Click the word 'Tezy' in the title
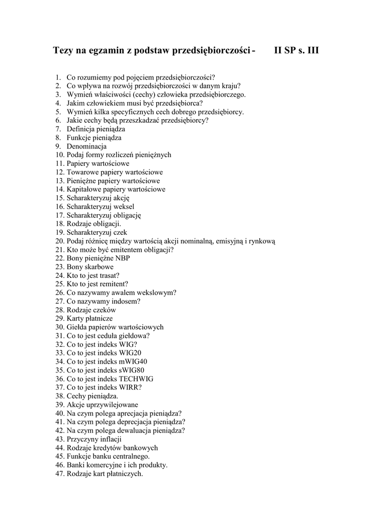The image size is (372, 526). (64, 51)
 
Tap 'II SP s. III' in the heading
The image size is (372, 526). (296, 51)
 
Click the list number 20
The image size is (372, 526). (59, 241)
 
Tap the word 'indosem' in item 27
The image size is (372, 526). (123, 302)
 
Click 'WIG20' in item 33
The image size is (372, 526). (130, 353)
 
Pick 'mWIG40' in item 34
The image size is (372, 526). (133, 362)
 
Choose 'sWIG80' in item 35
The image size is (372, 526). (132, 370)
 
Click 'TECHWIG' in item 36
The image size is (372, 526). (136, 379)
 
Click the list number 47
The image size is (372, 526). (59, 474)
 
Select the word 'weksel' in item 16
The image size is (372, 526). (125, 206)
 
